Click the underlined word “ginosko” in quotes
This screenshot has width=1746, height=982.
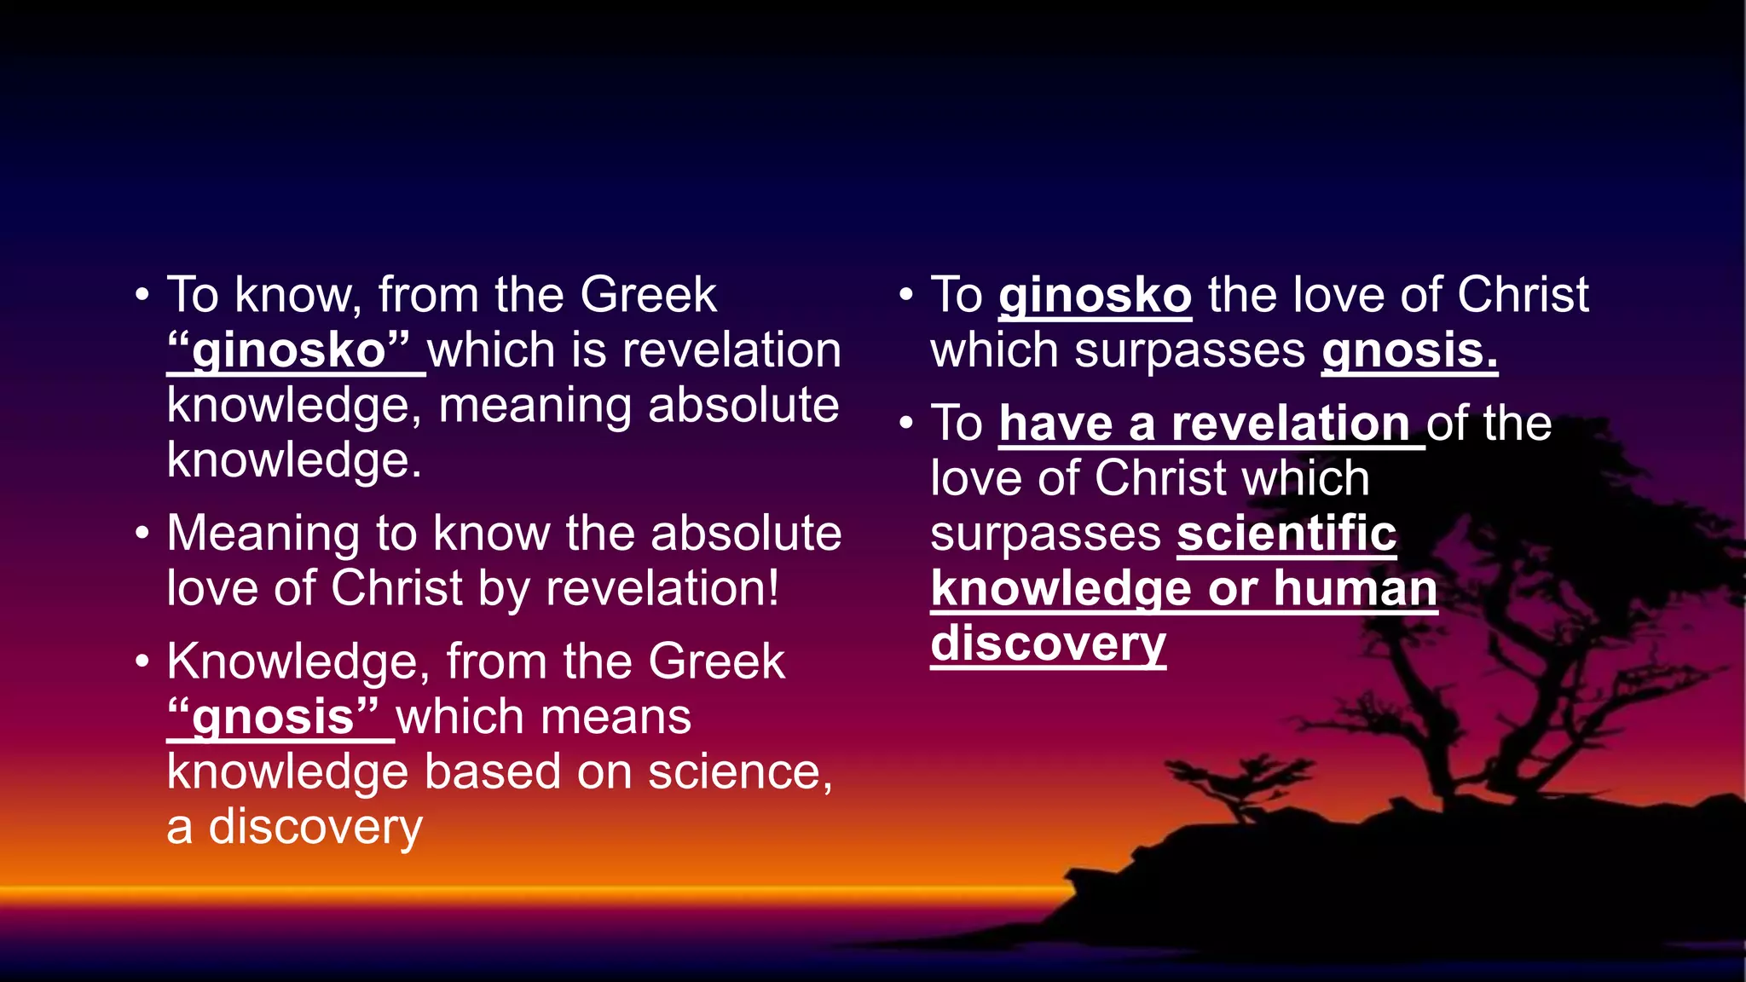coord(290,351)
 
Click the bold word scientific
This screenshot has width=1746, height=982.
coord(1286,534)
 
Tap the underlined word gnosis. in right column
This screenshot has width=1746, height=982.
coord(1409,351)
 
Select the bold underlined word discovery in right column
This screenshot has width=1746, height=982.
coord(1048,644)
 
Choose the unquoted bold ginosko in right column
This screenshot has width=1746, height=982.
coord(1095,296)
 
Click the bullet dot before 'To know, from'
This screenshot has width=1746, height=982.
coord(142,296)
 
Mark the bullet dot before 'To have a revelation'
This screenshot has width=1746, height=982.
coord(906,424)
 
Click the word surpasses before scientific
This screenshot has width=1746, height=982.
coord(1045,534)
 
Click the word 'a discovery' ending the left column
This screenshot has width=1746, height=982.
coord(294,828)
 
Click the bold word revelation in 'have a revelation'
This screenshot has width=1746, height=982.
coord(1289,424)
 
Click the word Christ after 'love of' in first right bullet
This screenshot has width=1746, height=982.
coord(1522,296)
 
